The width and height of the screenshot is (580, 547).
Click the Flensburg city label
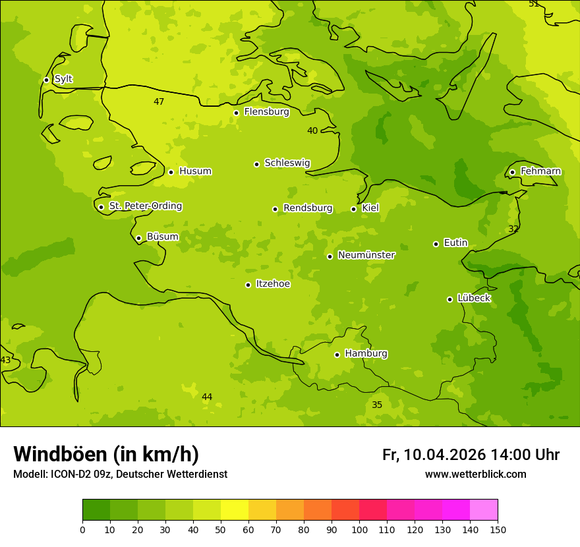coord(266,112)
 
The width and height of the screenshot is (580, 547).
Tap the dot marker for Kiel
coord(353,209)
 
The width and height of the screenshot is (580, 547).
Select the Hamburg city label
coord(366,354)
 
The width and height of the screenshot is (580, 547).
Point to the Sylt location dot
coord(46,80)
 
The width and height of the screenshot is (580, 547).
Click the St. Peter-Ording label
coord(145,206)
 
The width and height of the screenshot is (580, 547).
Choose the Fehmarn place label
coord(540,171)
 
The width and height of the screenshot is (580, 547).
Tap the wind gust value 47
coord(159,101)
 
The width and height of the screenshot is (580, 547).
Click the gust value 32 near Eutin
coord(513,229)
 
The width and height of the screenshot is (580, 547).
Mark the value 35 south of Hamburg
coord(377,405)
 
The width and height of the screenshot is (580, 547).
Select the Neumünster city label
coord(366,255)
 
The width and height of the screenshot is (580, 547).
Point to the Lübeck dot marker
coord(449,299)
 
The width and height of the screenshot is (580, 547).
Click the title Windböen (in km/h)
coord(106,454)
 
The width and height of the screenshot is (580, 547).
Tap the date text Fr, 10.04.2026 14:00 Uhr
coord(471,455)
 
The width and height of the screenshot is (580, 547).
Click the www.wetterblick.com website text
coord(475,474)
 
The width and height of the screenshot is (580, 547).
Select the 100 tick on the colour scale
coord(359,529)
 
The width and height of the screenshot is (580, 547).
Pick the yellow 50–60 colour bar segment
coord(235,510)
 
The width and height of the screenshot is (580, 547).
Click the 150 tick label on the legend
coord(497,529)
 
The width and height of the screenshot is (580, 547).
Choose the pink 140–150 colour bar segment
coord(484,510)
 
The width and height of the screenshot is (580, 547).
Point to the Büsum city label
coord(162,237)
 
